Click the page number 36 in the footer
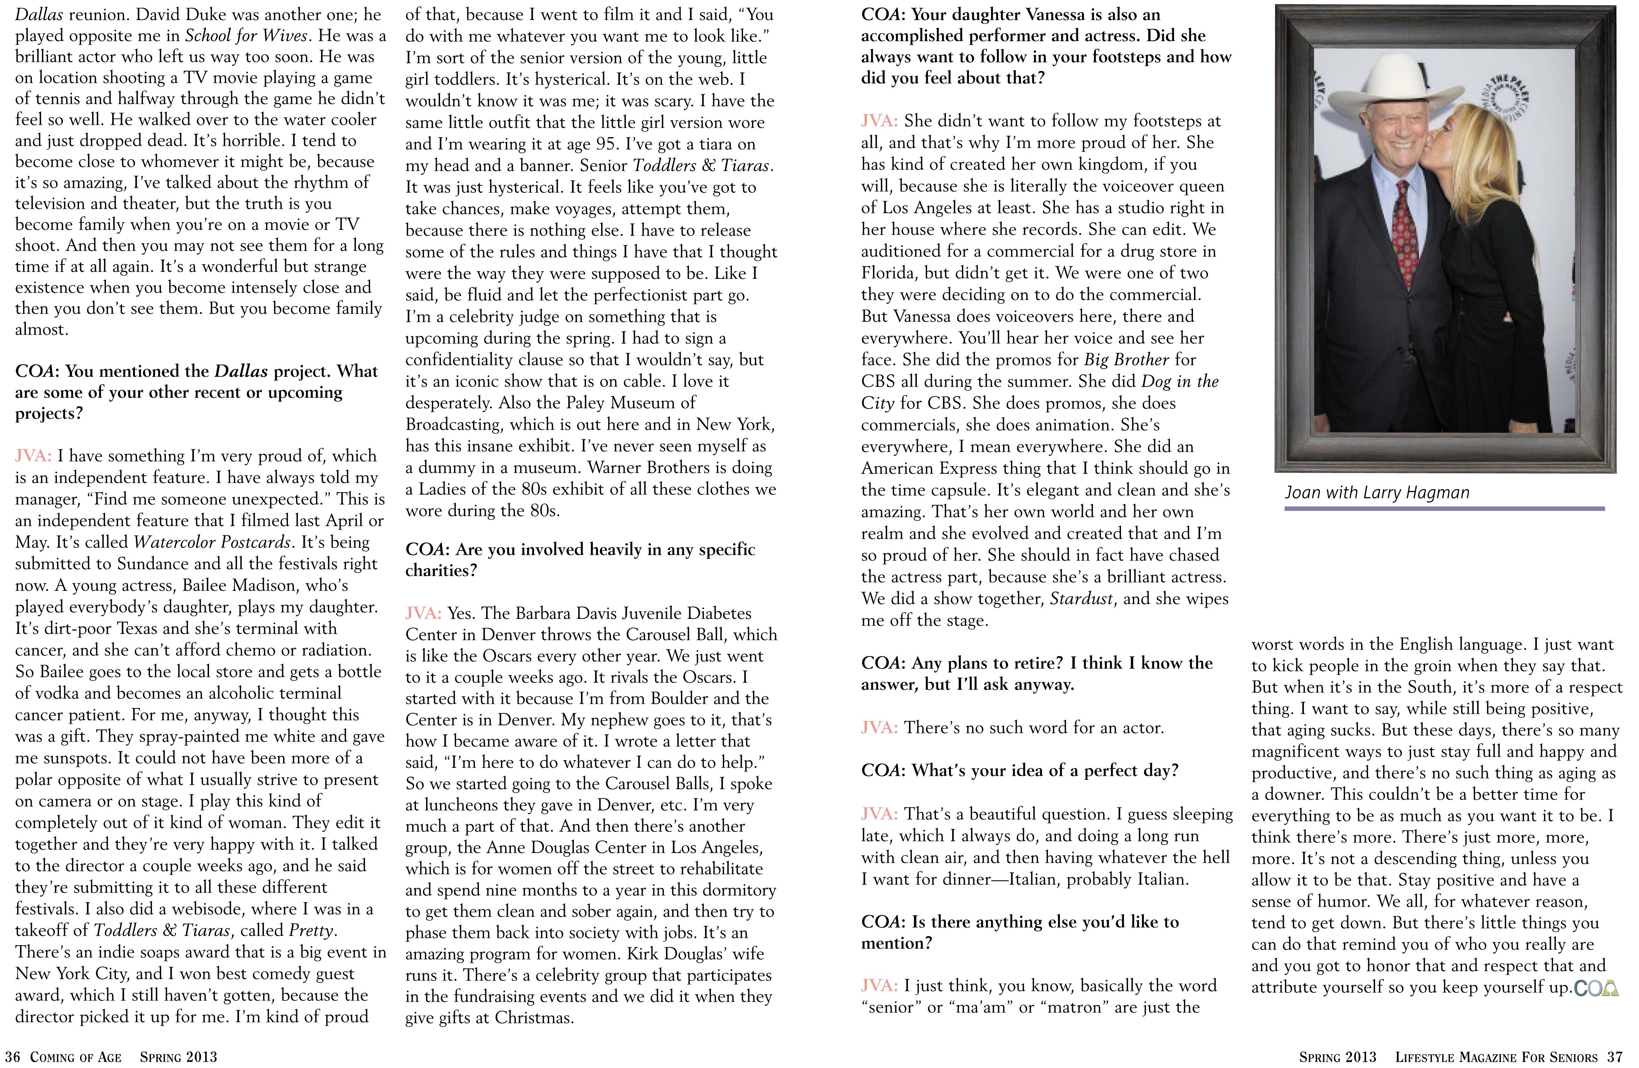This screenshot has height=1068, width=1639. [x=12, y=1057]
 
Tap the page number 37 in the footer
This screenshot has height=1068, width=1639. [x=1615, y=1057]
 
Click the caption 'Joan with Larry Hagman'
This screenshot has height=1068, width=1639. [x=1376, y=493]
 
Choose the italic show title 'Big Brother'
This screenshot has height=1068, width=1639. [x=1127, y=360]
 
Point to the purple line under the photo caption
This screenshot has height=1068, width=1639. [x=1444, y=509]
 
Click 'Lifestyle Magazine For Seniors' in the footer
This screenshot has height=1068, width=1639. [x=1496, y=1057]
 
